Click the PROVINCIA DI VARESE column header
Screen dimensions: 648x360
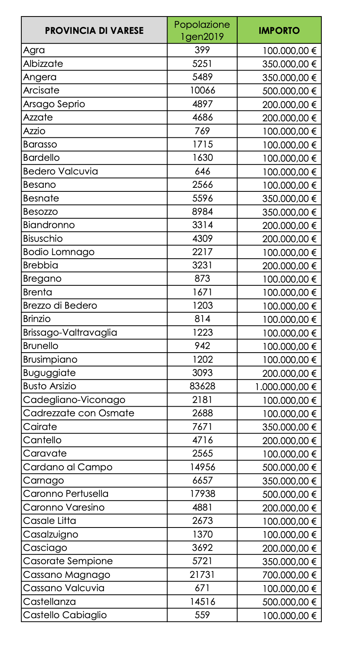pos(94,31)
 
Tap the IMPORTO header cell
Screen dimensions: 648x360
pos(279,31)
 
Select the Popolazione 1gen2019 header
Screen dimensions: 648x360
pos(202,31)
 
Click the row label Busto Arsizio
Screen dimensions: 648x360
pos(50,386)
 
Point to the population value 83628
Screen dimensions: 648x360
pos(202,386)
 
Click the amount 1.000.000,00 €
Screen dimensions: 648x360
pos(286,387)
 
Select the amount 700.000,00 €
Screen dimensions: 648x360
pos(289,575)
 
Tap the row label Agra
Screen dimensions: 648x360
pos(34,50)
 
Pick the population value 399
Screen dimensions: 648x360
pos(202,50)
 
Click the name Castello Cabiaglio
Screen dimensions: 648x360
pos(65,615)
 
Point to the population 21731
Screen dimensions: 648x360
pos(202,575)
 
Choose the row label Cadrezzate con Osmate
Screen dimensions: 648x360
pos(79,413)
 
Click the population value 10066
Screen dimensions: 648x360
pos(202,90)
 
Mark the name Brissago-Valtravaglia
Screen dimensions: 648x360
pos(70,332)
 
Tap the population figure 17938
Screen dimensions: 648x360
pos(202,494)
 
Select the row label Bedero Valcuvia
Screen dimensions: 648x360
pos(60,171)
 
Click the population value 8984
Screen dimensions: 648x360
pos(202,212)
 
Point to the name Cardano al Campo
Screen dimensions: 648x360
pos(68,467)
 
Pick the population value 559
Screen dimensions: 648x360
pos(202,615)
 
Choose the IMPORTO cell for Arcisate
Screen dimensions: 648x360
pos(289,91)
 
